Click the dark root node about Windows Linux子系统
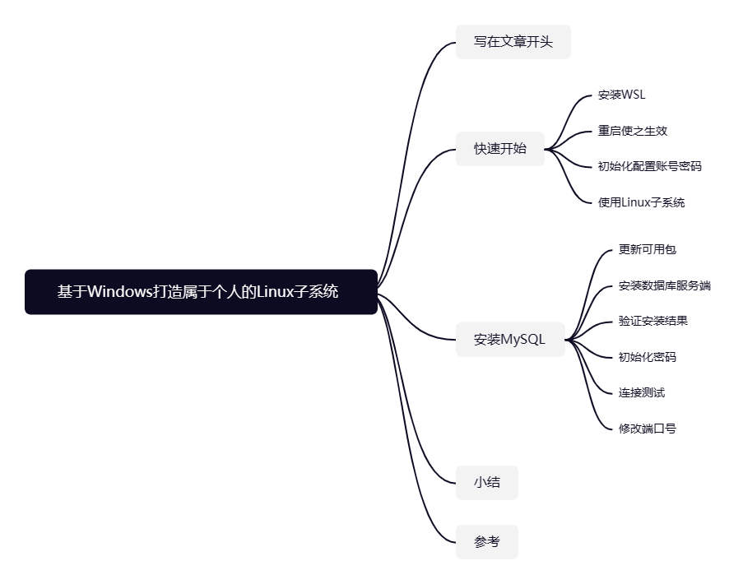click(201, 292)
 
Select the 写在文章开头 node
click(513, 42)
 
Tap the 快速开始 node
click(499, 149)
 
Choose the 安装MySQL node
click(509, 339)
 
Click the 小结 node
click(486, 483)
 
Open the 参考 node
click(486, 542)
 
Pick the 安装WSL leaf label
click(621, 95)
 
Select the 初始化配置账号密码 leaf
click(649, 166)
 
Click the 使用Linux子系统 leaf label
click(641, 202)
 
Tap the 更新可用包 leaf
click(647, 249)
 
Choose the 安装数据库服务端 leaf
click(664, 286)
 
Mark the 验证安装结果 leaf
click(652, 321)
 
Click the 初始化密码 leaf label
click(647, 357)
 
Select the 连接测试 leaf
click(641, 393)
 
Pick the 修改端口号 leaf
click(647, 429)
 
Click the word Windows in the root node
click(120, 292)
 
